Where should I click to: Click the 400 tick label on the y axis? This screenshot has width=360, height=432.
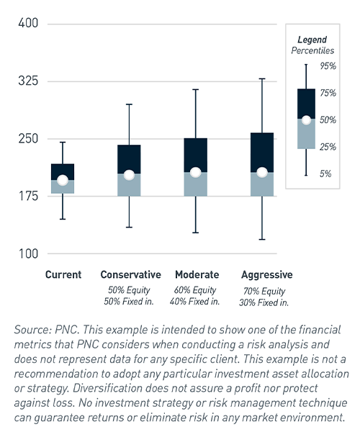pos(28,23)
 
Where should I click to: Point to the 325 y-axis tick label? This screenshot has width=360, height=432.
pos(28,81)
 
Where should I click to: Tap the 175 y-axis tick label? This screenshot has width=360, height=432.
pos(28,196)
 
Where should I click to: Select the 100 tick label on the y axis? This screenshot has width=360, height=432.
pos(28,253)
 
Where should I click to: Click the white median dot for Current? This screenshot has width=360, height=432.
pos(63,180)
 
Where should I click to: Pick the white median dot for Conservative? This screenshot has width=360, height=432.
pos(129,175)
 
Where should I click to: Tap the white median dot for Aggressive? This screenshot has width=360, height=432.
pos(262,173)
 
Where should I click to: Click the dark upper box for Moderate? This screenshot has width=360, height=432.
pos(196,154)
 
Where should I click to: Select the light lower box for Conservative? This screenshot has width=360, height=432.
pos(129,185)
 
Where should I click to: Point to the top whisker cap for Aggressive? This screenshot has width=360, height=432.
pos(262,78)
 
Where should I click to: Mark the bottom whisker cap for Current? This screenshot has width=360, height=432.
pos(63,219)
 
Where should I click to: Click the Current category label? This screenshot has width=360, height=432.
pos(63,275)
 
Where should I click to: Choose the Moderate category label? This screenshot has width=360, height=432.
pos(197,275)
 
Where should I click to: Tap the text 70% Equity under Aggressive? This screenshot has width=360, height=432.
pos(264,291)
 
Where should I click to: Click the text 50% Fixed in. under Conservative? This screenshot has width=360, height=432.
pos(129,302)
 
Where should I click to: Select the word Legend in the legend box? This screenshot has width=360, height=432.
pos(312,40)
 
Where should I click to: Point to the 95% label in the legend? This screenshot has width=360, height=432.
pos(328,66)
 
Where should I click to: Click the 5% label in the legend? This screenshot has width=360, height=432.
pos(325,174)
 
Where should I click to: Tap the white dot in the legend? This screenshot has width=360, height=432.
pos(306,120)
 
